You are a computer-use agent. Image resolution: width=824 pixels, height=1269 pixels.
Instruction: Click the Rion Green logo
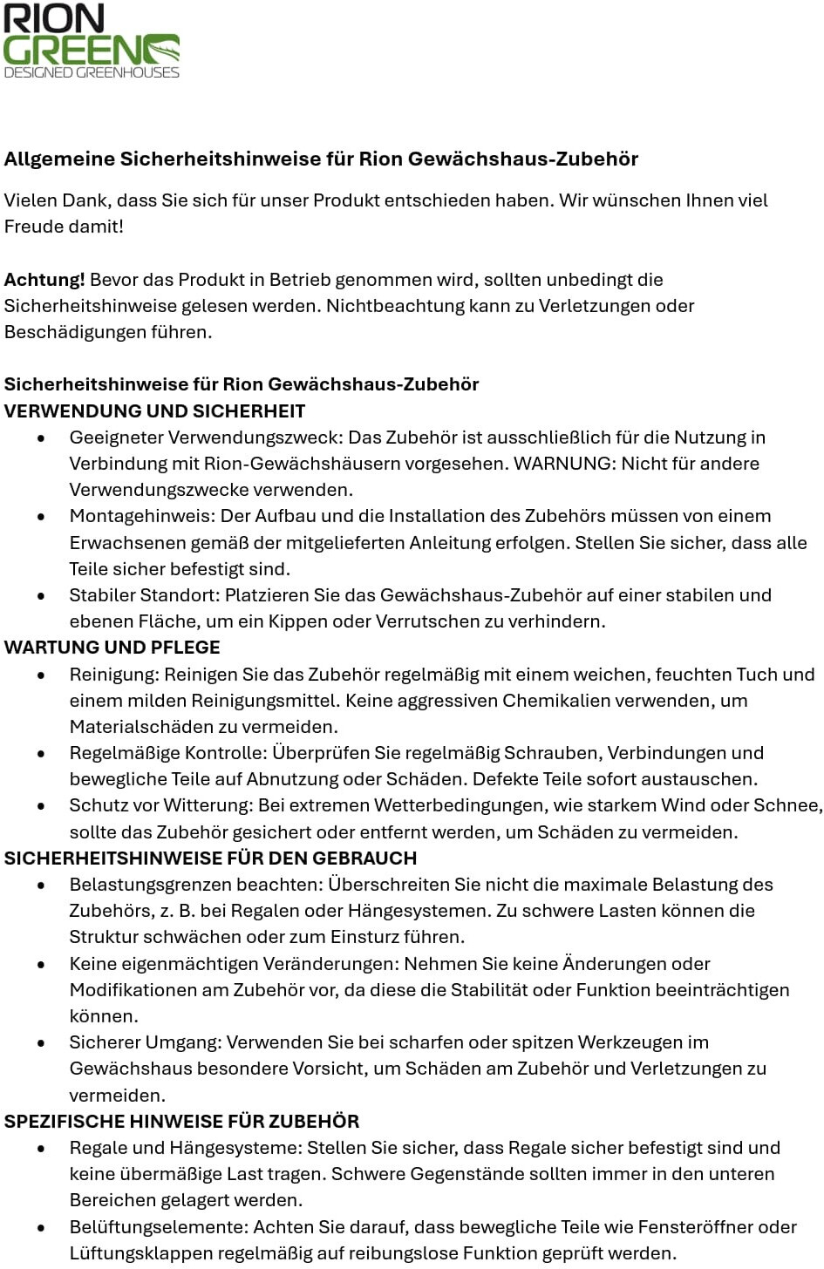[92, 42]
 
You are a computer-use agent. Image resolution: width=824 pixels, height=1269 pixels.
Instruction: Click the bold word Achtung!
[44, 280]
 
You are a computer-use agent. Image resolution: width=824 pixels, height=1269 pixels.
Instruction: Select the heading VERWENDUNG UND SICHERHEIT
[155, 411]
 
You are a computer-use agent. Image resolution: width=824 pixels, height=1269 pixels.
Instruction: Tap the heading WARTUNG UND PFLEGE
[112, 648]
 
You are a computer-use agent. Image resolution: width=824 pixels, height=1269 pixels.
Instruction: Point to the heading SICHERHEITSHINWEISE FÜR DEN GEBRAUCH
[211, 858]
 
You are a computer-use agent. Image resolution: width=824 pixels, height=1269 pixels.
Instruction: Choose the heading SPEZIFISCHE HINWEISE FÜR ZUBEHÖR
[182, 1122]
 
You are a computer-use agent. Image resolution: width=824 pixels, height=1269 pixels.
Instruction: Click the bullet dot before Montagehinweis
[41, 517]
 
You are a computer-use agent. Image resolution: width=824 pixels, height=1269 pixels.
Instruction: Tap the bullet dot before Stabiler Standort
[41, 596]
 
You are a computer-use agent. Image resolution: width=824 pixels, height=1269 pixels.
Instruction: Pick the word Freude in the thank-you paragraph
[34, 227]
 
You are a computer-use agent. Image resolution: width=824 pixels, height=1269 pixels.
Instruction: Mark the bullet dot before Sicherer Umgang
[41, 1043]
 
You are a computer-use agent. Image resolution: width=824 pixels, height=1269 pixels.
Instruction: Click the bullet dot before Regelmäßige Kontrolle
[41, 754]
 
